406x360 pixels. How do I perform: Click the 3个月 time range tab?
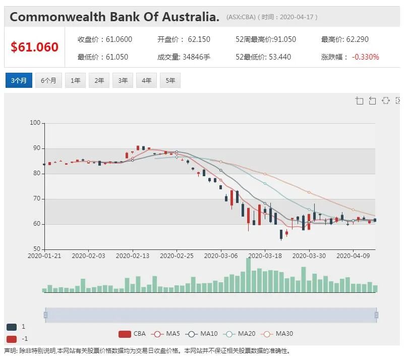[x=19, y=80]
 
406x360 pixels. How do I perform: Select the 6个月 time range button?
[x=48, y=80]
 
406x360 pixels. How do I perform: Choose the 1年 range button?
[x=75, y=80]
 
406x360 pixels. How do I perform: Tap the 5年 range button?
[x=170, y=80]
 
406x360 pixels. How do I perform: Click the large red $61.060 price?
[x=34, y=47]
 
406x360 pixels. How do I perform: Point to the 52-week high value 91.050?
[x=285, y=39]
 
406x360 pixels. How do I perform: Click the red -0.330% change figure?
[x=365, y=57]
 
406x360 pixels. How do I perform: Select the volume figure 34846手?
[x=197, y=57]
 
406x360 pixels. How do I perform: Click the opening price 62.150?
[x=199, y=39]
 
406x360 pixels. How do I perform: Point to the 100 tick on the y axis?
[x=35, y=123]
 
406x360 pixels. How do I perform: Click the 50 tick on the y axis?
[x=37, y=249]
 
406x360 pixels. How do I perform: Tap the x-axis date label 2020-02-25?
[x=177, y=256]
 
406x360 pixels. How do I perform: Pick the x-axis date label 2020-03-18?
[x=265, y=256]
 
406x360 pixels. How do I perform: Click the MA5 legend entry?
[x=167, y=334]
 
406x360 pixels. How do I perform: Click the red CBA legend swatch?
[x=125, y=334]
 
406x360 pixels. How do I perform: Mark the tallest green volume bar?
[x=248, y=275]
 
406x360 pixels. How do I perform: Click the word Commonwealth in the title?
[x=57, y=17]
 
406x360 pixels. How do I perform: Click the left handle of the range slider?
[x=45, y=315]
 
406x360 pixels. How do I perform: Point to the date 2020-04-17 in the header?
[x=297, y=17]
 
